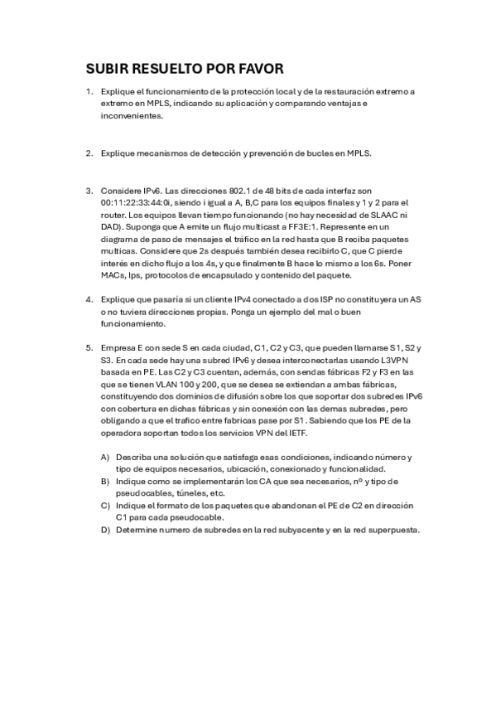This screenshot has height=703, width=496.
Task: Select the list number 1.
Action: (89, 90)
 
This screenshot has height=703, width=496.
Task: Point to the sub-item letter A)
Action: (104, 457)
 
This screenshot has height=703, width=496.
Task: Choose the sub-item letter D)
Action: (104, 531)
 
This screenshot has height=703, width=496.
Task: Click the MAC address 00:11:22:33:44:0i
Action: (135, 201)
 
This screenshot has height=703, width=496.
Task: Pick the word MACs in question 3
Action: (113, 274)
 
